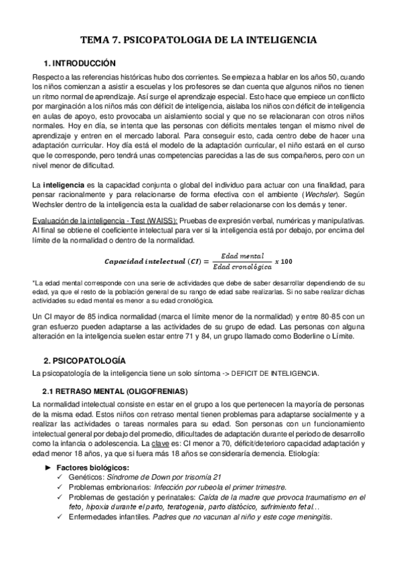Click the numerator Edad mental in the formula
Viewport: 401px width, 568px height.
(x=242, y=255)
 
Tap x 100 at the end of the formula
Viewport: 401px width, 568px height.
(x=283, y=260)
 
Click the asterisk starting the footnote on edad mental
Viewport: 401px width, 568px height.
(x=33, y=283)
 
